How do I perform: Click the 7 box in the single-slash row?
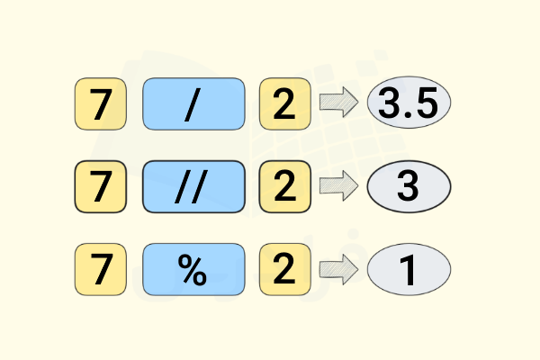101,104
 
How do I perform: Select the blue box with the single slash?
193,104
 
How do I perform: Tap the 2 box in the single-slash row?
285,104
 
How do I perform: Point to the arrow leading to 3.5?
339,103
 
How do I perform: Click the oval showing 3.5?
409,103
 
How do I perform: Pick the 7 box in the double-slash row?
101,186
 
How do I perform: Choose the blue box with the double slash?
193,186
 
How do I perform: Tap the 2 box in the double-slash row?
285,186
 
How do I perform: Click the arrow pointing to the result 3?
339,185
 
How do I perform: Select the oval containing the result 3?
409,186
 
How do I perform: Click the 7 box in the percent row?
101,269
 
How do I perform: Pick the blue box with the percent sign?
193,269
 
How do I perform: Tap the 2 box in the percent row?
285,269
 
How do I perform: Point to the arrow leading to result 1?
339,269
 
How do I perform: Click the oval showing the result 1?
409,269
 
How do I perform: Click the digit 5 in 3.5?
426,103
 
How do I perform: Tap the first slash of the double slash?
183,187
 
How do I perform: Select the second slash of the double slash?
200,187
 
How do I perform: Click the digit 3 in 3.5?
390,103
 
